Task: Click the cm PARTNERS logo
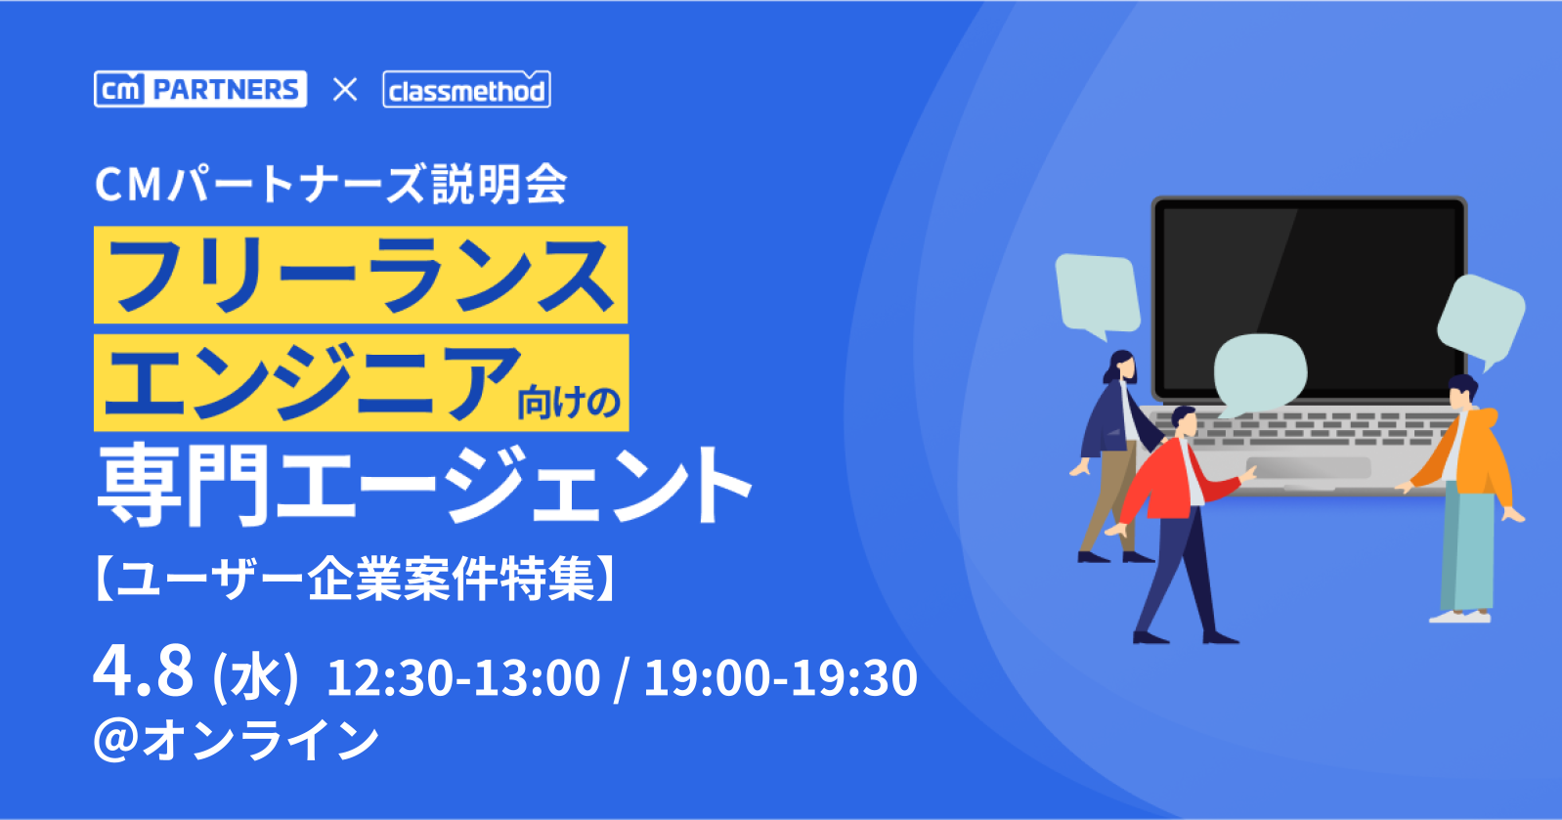click(200, 89)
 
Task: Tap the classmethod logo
click(466, 89)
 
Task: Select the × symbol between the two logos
click(344, 90)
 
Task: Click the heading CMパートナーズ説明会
click(330, 185)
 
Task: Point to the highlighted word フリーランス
click(361, 275)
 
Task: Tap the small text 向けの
click(569, 403)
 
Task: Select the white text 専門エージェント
click(423, 485)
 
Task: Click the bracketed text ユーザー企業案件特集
click(355, 578)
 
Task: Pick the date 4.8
click(143, 670)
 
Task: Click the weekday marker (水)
click(255, 677)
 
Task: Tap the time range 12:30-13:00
click(463, 677)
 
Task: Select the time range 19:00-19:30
click(780, 677)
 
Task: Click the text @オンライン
click(237, 741)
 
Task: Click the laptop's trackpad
click(1308, 467)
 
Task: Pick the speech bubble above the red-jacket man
click(1259, 374)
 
